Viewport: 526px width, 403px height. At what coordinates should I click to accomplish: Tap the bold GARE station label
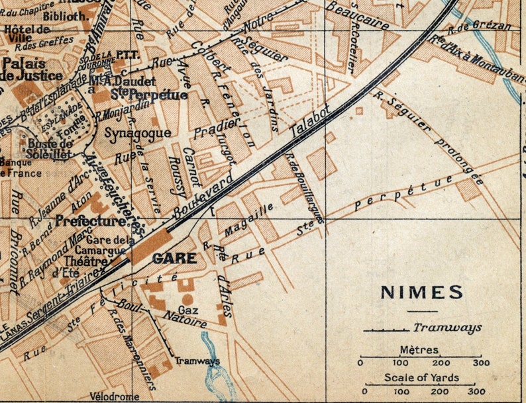[174, 258]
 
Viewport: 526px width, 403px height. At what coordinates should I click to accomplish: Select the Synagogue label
[138, 132]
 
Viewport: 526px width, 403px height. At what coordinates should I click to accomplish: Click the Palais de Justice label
[24, 69]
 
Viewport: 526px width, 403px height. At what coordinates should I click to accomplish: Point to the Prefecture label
[91, 220]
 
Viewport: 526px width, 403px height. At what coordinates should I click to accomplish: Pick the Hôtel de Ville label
[26, 34]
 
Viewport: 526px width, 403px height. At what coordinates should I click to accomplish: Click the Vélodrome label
[115, 396]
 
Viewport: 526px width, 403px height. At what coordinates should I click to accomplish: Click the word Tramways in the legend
[447, 327]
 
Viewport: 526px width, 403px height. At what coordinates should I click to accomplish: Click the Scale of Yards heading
[421, 378]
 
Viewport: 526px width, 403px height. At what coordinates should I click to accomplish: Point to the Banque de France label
[20, 168]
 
